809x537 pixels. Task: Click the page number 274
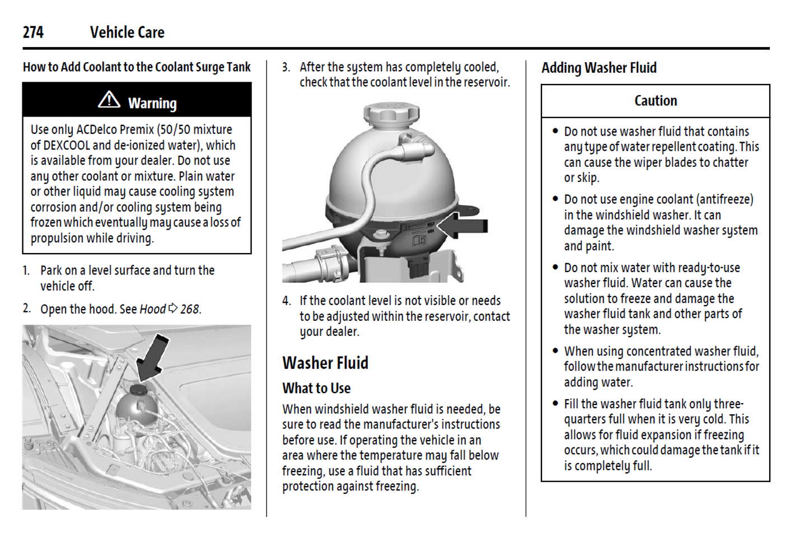pyautogui.click(x=33, y=32)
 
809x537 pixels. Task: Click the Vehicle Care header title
pyautogui.click(x=127, y=32)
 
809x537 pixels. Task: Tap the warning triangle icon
pyautogui.click(x=109, y=100)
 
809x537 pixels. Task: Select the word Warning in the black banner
pyautogui.click(x=152, y=104)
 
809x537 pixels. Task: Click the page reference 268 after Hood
pyautogui.click(x=189, y=309)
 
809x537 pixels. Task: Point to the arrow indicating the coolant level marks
pyautogui.click(x=463, y=226)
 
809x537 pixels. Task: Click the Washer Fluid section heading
pyautogui.click(x=325, y=363)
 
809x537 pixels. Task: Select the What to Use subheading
pyautogui.click(x=316, y=388)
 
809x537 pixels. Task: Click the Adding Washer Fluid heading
pyautogui.click(x=598, y=68)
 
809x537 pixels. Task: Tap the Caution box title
pyautogui.click(x=656, y=101)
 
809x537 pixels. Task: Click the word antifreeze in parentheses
pyautogui.click(x=724, y=200)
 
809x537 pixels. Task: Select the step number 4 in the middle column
pyautogui.click(x=286, y=301)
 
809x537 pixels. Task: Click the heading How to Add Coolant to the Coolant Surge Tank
pyautogui.click(x=137, y=67)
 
